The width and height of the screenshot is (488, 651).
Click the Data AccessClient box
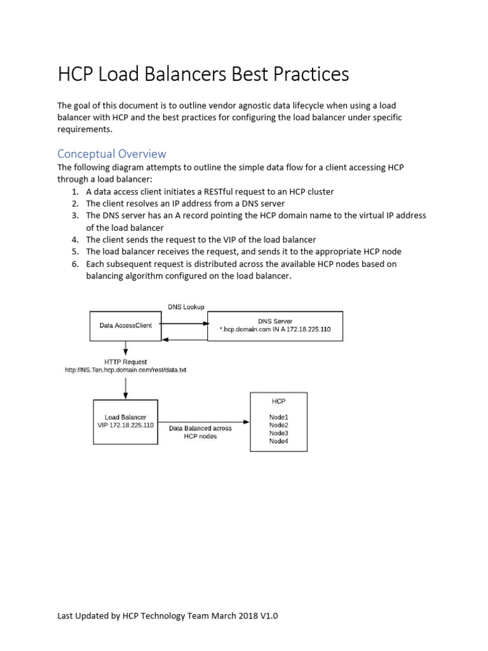[x=125, y=325]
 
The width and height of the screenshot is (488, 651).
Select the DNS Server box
[x=274, y=325]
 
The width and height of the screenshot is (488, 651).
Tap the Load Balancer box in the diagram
[x=125, y=421]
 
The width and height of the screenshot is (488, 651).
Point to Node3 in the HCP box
[x=278, y=433]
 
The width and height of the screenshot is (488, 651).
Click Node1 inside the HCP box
[x=278, y=417]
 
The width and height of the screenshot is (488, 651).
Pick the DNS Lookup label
[x=186, y=307]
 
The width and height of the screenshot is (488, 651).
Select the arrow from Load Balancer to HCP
[x=203, y=421]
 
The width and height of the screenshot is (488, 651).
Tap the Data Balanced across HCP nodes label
[x=200, y=432]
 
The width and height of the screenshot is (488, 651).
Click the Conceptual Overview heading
[x=112, y=154]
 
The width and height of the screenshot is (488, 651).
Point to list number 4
[x=74, y=240]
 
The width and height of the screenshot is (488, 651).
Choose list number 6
[x=74, y=264]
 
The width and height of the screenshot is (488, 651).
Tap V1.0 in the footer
[x=268, y=616]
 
